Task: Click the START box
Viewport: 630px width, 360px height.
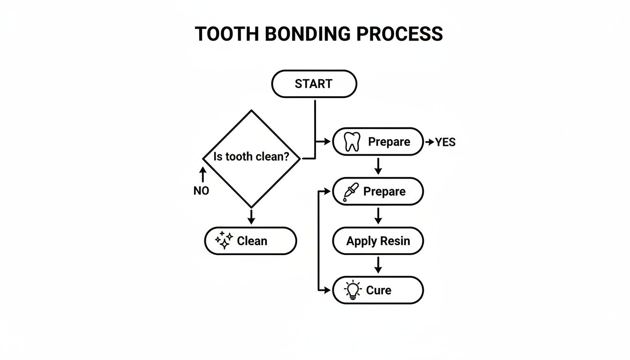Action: tap(314, 84)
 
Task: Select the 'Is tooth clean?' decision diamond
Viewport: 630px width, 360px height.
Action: tap(252, 158)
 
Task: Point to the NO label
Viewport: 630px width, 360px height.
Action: tap(201, 191)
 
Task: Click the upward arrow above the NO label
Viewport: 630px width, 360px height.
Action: tap(202, 174)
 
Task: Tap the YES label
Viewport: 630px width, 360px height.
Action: tap(445, 142)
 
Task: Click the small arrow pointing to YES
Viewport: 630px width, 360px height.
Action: tap(429, 142)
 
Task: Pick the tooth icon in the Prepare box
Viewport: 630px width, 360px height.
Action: tap(352, 142)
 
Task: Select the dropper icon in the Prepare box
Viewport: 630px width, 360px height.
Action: tap(351, 192)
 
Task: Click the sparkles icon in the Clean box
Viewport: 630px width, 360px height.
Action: tap(224, 241)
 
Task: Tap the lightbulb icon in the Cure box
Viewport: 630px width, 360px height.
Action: tap(352, 291)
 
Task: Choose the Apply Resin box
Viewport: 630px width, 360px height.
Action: tap(378, 241)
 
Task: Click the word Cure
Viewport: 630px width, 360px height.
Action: tap(378, 291)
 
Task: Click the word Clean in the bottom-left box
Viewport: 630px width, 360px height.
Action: tap(252, 241)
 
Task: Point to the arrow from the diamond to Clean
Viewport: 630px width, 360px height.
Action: tap(251, 216)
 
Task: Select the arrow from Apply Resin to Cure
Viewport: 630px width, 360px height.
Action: tap(378, 265)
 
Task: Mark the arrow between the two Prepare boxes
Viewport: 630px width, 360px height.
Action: tap(378, 165)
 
